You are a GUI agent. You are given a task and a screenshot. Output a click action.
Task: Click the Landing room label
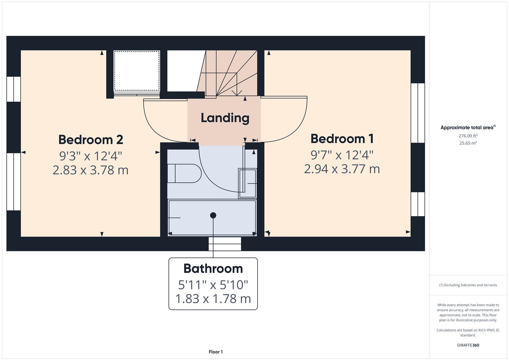coord(225,118)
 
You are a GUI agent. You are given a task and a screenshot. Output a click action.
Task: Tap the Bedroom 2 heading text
coord(91,140)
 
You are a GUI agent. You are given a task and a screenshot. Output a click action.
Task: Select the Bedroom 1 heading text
coord(342,139)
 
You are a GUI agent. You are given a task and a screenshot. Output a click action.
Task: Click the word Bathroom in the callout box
coord(213,269)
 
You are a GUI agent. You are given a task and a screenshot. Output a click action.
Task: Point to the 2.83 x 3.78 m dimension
coord(91,170)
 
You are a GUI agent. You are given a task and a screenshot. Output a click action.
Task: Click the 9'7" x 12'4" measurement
coord(342,155)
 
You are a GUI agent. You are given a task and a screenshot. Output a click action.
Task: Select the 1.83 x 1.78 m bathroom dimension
coord(213,299)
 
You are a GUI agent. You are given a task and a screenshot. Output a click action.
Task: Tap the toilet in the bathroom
coord(184,173)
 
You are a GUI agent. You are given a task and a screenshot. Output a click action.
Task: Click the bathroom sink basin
coord(247,183)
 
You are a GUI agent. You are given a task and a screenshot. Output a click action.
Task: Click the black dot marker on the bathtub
coord(213,215)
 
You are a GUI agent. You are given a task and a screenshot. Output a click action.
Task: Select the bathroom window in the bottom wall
coord(225,244)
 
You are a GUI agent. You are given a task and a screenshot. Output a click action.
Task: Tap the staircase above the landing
coord(230,73)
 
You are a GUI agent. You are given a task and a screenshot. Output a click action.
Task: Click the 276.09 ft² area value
coord(468,136)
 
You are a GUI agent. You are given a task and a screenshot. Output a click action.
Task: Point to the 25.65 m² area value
coord(468,143)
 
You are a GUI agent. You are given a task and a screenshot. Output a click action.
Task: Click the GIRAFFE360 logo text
coord(468,345)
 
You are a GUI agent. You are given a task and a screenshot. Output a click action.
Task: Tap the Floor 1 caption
coord(216,352)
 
